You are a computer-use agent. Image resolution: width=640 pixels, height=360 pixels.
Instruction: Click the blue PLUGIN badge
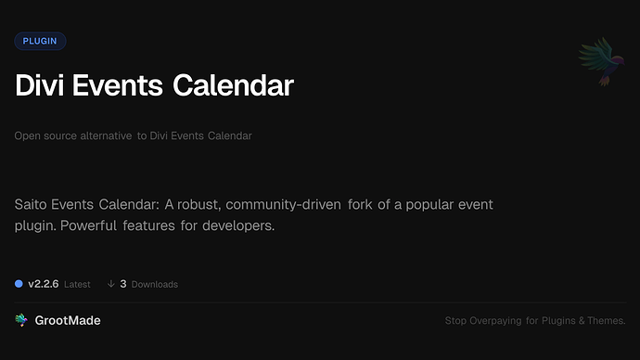coord(40,41)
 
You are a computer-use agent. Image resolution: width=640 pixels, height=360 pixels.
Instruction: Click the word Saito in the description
coord(33,204)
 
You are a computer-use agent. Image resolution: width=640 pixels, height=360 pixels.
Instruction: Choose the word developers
coord(240,225)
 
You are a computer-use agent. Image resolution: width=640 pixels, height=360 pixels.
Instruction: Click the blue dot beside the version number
coord(19,284)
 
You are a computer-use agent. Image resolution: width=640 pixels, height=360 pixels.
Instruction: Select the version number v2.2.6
coord(44,284)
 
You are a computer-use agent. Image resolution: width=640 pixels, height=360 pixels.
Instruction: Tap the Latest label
coord(77,285)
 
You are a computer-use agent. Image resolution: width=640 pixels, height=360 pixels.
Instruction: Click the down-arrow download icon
coord(110,284)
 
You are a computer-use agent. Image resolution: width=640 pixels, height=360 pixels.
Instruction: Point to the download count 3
coord(123,284)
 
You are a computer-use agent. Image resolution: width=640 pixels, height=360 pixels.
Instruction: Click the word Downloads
coord(154,285)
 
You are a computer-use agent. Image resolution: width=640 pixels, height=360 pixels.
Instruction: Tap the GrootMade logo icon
coord(21,320)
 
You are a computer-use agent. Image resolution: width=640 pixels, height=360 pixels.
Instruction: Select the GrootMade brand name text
coord(68,320)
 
